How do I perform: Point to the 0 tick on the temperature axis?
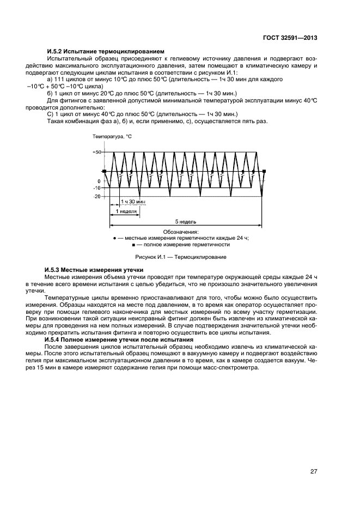point(99,181)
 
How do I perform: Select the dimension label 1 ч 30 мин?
point(133,202)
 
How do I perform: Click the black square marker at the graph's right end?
point(264,172)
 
